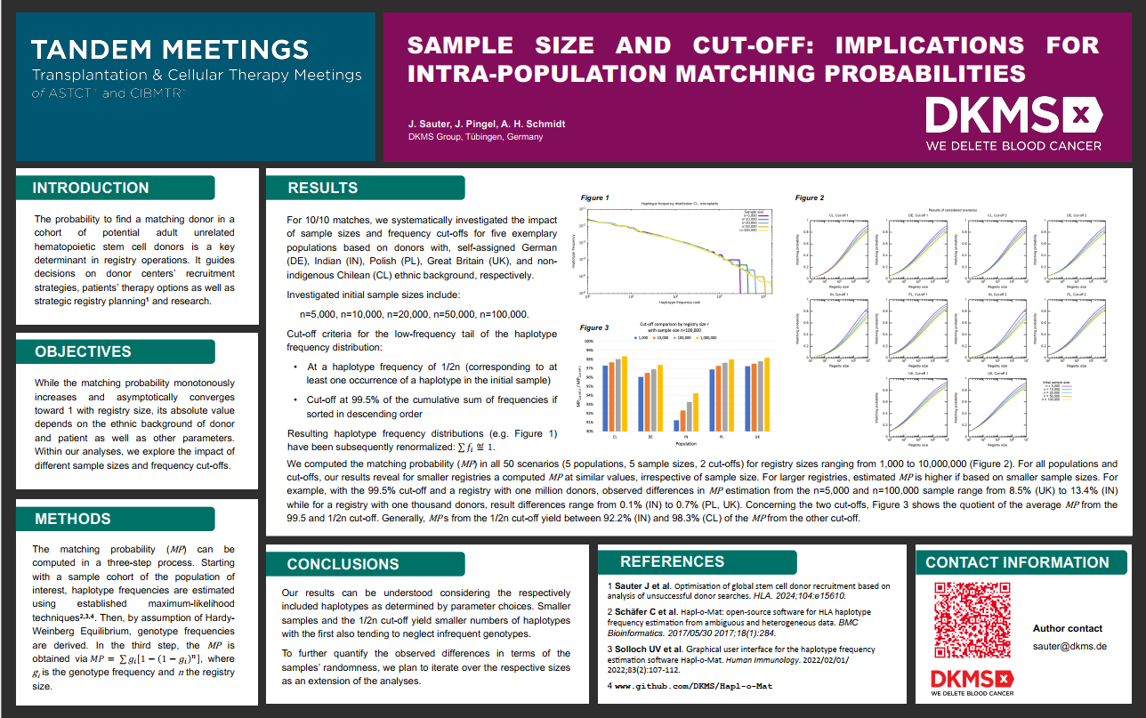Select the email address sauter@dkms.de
1069,646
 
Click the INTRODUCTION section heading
91,188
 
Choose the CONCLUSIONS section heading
343,564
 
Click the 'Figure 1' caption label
595,198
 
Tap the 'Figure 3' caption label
594,327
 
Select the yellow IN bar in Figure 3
697,412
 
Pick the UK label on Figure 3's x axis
756,438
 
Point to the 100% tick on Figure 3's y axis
588,341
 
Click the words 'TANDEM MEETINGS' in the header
170,50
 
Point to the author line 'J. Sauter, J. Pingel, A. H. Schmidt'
487,124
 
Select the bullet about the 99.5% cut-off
432,407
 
